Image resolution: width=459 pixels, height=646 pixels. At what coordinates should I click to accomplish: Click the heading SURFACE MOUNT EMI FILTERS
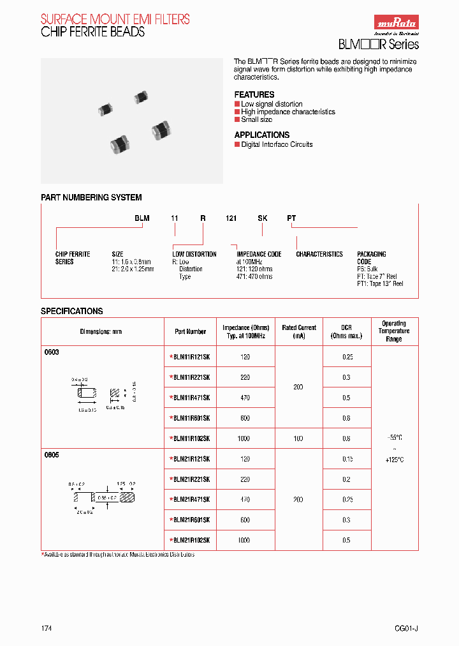115,20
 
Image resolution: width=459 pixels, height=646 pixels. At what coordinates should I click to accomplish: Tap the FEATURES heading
254,94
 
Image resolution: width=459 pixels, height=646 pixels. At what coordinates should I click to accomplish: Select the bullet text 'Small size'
256,119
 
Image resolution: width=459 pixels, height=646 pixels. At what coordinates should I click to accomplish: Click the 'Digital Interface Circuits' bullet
277,144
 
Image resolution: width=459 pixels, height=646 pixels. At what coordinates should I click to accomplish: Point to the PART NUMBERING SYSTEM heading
91,197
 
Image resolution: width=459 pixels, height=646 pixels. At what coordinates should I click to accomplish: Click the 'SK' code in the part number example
262,218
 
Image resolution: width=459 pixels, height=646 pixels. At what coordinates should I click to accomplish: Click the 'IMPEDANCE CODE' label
259,254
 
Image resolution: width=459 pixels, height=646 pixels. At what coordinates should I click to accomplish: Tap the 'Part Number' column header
190,331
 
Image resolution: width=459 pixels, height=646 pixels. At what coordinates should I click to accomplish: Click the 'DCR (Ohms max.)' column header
347,331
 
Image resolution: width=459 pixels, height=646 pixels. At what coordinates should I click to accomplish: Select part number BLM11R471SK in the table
191,398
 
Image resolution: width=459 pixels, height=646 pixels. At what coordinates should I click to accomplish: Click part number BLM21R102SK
191,540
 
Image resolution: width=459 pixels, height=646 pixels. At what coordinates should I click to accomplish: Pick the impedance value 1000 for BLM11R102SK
245,439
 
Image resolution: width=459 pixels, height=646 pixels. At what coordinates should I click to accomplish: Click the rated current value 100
298,439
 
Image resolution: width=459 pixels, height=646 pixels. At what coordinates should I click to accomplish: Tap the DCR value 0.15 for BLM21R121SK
347,459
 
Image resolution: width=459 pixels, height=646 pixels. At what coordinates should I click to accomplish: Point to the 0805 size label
52,455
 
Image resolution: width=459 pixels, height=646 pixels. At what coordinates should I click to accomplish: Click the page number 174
47,628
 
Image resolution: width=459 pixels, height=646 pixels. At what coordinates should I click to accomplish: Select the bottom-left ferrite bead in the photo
119,143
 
